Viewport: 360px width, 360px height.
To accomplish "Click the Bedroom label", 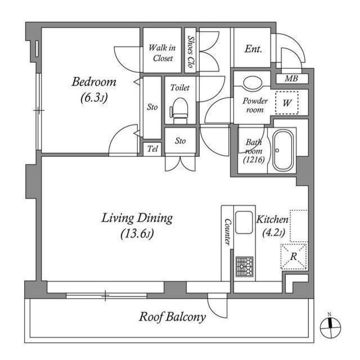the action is pyautogui.click(x=94, y=82).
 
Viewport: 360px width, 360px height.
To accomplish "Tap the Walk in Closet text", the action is pyautogui.click(x=163, y=53).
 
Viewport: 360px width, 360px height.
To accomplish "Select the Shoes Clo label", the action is pyautogui.click(x=190, y=51).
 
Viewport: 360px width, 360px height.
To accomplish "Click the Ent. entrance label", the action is pyautogui.click(x=253, y=49).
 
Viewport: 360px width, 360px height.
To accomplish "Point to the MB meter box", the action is pyautogui.click(x=291, y=79).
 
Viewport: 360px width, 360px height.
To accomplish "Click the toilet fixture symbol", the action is pyautogui.click(x=179, y=111).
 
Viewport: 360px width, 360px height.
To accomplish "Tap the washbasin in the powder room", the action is pyautogui.click(x=252, y=83).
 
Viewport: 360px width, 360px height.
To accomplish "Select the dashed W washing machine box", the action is pyautogui.click(x=287, y=102).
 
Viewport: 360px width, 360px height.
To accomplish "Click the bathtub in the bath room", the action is pyautogui.click(x=283, y=150).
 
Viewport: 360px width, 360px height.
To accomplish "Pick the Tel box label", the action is pyautogui.click(x=152, y=148).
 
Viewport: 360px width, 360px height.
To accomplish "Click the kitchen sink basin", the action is pyautogui.click(x=244, y=222).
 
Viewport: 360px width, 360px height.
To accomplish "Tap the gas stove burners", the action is pyautogui.click(x=245, y=266).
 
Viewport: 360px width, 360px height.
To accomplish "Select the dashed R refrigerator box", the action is pyautogui.click(x=294, y=256).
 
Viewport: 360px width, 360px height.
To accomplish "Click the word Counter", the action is pyautogui.click(x=228, y=232).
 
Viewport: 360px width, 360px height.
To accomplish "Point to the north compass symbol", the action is pyautogui.click(x=330, y=327).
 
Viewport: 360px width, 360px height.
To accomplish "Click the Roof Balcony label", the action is pyautogui.click(x=172, y=317).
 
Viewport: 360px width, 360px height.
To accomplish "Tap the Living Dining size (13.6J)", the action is pyautogui.click(x=137, y=234).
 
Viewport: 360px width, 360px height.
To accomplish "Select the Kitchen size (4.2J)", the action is pyautogui.click(x=274, y=232).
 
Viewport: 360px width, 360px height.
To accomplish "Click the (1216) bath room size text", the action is pyautogui.click(x=254, y=160).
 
